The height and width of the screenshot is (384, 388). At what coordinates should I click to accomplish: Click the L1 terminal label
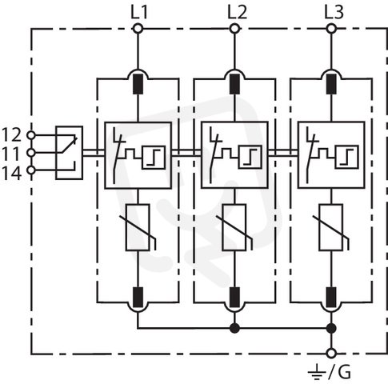coord(139,12)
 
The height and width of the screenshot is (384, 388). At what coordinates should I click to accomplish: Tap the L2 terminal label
coord(237,12)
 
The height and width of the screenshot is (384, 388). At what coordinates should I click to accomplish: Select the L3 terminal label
coord(334,12)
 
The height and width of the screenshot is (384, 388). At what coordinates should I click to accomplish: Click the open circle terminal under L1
coord(138,28)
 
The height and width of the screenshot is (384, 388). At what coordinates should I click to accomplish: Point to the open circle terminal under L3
coord(331,28)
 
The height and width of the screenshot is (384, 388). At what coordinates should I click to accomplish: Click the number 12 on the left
coord(11,134)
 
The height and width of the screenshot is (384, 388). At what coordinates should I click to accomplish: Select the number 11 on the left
coord(11,154)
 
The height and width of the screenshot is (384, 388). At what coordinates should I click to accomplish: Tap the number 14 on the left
coord(11,174)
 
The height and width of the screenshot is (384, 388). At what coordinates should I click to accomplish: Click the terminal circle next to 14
coord(31,170)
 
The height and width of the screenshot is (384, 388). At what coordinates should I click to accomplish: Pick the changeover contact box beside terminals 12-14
coord(69,153)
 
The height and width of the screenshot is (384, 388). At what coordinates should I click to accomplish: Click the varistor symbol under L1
coord(138,227)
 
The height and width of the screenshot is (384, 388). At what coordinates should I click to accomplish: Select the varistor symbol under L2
coord(234,227)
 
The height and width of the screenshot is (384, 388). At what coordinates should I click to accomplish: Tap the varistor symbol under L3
coord(331,227)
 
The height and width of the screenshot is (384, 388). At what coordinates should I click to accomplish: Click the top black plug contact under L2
coord(234,84)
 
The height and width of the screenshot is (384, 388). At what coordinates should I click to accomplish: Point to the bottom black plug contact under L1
coord(138,298)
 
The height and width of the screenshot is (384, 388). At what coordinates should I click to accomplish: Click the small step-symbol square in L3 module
coord(346,157)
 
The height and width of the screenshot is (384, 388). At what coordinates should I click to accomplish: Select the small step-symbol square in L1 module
coord(154,157)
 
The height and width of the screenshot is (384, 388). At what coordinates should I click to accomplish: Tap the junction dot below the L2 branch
coord(234,328)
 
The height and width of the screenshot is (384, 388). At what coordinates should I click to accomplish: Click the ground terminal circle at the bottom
coord(331,354)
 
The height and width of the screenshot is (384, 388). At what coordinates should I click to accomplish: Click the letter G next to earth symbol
coord(344,372)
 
